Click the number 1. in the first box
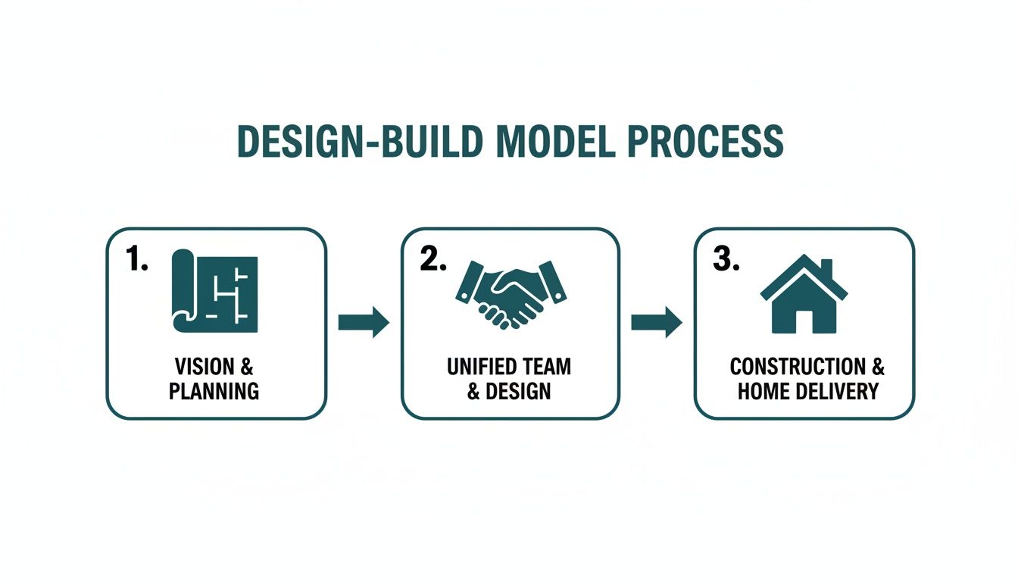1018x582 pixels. [136, 260]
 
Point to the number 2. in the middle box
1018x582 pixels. [432, 260]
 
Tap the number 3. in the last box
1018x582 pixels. [726, 260]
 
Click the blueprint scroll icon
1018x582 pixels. [215, 292]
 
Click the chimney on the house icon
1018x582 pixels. [826, 269]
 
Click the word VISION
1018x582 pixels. [204, 368]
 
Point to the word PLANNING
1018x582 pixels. [214, 391]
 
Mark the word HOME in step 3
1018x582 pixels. [763, 391]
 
